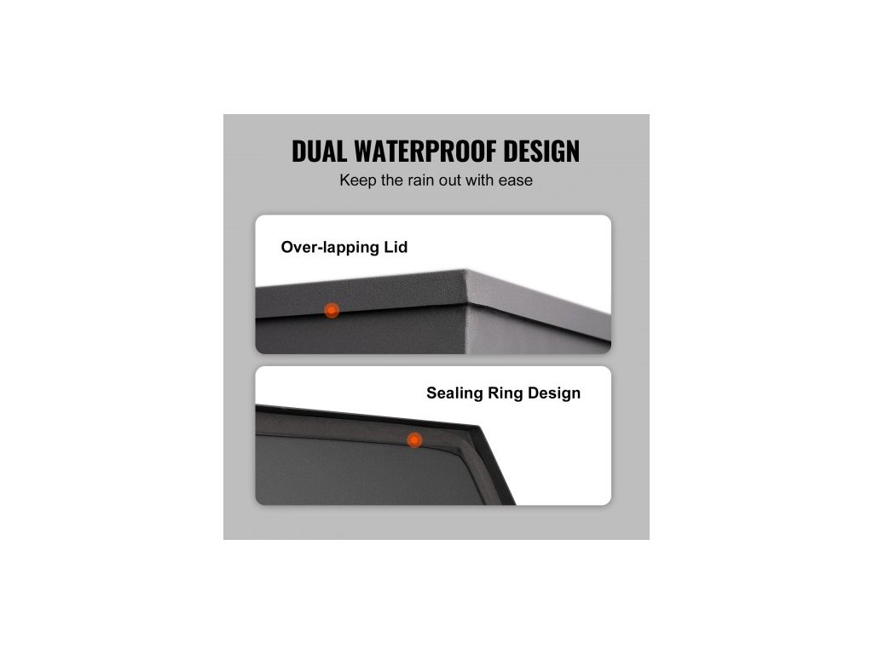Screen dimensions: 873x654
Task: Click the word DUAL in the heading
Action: (320, 152)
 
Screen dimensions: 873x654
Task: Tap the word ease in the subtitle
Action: (516, 181)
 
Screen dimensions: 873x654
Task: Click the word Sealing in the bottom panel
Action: (454, 393)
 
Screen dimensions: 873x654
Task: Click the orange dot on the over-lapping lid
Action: (332, 311)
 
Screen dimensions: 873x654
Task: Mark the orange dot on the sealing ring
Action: (414, 440)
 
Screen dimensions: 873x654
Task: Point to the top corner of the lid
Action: (467, 272)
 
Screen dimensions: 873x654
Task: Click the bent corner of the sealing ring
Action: (476, 425)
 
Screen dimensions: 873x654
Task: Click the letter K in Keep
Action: (344, 181)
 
